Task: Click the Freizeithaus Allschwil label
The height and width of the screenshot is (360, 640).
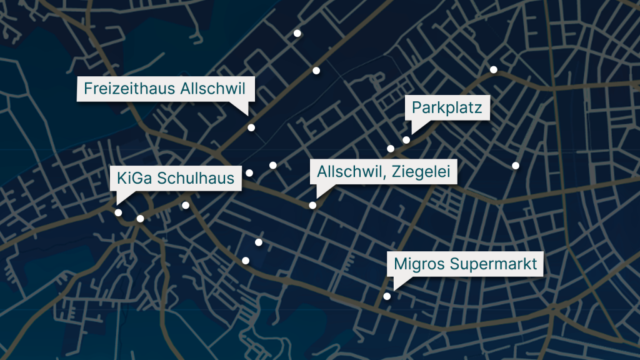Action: pos(166,88)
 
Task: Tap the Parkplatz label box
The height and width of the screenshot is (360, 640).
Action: pos(446,109)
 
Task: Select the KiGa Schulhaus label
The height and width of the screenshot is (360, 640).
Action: pos(176,178)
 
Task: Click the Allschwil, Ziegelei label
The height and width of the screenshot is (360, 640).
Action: pos(384,171)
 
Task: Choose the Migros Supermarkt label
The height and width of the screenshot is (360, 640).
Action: pos(465,264)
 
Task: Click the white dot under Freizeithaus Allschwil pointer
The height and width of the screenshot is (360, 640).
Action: pos(251,127)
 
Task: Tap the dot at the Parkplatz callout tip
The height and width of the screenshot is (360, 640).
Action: pos(406,140)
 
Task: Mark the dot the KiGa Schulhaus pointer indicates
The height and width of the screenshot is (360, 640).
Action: pos(118,212)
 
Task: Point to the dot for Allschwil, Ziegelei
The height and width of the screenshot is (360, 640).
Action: pos(312,205)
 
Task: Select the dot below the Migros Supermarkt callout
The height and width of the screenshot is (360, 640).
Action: pos(387,296)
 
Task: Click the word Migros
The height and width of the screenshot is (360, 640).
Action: pos(414,264)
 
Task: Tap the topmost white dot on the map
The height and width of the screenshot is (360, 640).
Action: pos(297,33)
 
